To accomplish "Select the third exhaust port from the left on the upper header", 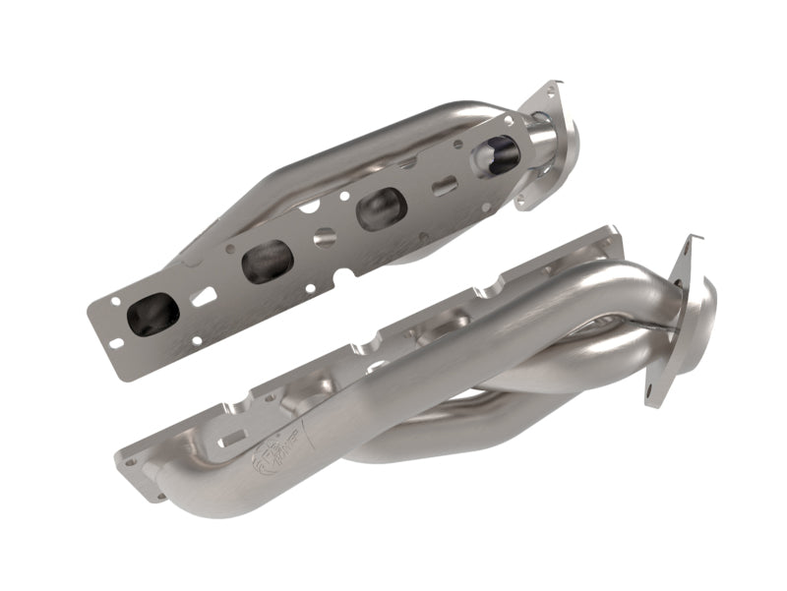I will [x=382, y=208].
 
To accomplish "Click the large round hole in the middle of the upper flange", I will [x=325, y=237].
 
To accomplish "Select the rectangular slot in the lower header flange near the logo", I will [x=228, y=443].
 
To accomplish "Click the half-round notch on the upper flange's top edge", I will [x=307, y=208].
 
